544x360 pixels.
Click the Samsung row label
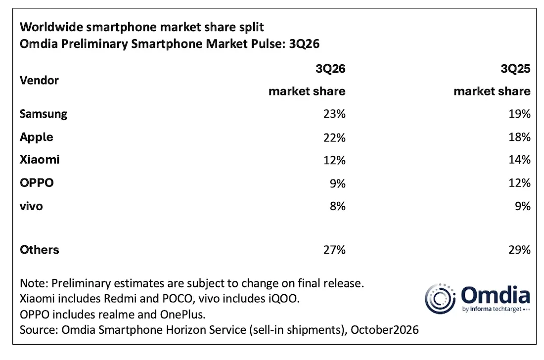coord(44,114)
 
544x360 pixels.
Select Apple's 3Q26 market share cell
coord(334,137)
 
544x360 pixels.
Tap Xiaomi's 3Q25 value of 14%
coord(519,160)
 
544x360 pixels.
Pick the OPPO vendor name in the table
coord(37,183)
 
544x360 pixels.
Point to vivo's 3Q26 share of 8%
coord(338,206)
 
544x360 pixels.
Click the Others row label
coord(39,250)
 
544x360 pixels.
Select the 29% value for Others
coord(519,250)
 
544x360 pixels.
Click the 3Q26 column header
coord(330,69)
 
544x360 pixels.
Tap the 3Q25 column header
coord(515,69)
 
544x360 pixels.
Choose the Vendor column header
coord(39,81)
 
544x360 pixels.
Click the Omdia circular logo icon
coord(440,299)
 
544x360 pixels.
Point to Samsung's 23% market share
coord(334,114)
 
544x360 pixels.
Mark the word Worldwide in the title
coord(51,27)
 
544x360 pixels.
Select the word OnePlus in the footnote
coord(182,315)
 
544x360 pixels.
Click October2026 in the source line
coord(384,330)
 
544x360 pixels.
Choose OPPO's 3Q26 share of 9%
coord(338,183)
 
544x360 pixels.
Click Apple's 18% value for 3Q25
coord(519,137)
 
